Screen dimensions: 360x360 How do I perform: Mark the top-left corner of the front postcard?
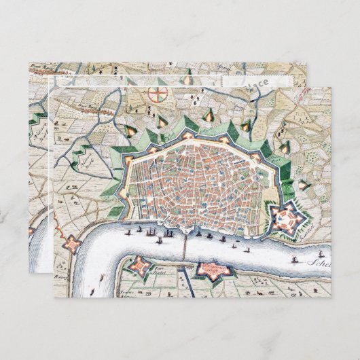pyautogui.click(x=51, y=88)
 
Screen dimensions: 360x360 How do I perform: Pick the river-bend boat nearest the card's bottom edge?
pyautogui.click(x=101, y=278)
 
